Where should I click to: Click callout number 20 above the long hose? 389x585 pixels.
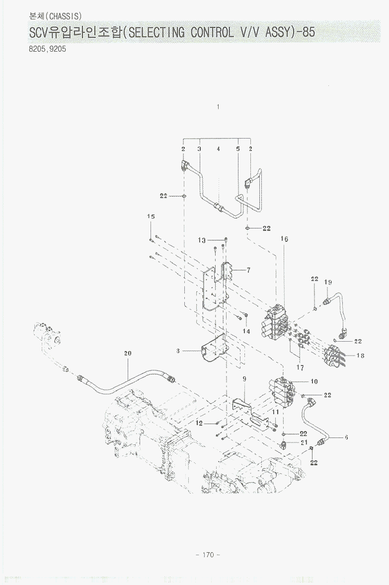(128, 354)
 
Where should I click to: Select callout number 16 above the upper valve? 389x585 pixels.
(284, 239)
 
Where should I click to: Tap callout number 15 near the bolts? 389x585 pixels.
(151, 217)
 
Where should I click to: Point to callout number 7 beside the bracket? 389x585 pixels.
(248, 270)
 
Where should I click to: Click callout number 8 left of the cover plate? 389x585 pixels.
(177, 351)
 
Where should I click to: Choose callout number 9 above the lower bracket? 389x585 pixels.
(244, 379)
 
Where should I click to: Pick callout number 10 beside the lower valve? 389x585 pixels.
(314, 382)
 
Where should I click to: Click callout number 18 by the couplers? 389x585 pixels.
(360, 356)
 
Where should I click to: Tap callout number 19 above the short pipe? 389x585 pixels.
(328, 282)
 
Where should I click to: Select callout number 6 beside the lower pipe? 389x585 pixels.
(346, 438)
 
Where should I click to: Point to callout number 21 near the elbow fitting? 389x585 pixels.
(304, 442)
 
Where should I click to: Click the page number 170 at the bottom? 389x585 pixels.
(208, 555)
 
